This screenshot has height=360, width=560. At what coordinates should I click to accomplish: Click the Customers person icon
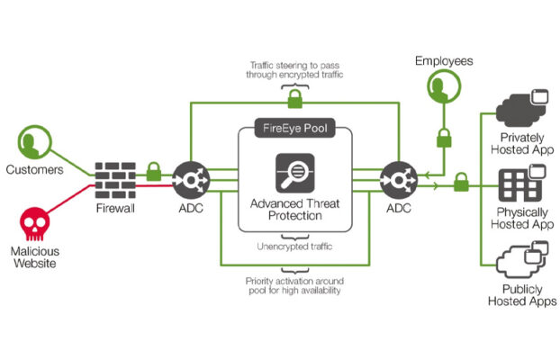pos(34,142)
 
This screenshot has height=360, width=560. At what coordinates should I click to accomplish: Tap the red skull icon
pos(34,224)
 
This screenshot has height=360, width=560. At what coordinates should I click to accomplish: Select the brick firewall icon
pos(115,180)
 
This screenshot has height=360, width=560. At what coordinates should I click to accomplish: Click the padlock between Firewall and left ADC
pos(154,172)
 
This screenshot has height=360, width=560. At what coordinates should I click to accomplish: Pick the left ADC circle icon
pos(191,180)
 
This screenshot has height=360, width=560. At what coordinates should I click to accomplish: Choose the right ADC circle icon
pos(399,180)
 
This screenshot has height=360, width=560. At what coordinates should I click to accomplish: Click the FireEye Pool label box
pos(295,128)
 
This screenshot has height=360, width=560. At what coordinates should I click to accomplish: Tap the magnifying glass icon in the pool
pos(295,173)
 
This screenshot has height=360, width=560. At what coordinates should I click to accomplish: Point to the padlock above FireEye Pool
pos(295,99)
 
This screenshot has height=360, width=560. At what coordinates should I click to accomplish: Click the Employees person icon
pos(444,86)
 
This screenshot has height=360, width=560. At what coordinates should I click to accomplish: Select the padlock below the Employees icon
pos(444,139)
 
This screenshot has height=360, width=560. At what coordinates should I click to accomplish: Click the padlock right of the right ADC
pos(461,182)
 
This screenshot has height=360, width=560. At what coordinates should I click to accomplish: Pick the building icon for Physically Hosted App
pos(522,183)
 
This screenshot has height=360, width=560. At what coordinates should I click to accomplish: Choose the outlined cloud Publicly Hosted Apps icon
pos(522,260)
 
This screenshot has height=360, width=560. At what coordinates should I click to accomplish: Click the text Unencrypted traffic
pos(294,247)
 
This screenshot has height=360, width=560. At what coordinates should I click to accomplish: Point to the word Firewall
pos(115,208)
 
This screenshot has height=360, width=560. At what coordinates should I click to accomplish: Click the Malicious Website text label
pos(35,257)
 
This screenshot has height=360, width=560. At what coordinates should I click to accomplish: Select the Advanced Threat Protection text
pos(295,210)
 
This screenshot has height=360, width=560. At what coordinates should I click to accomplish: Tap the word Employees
pos(444,61)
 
